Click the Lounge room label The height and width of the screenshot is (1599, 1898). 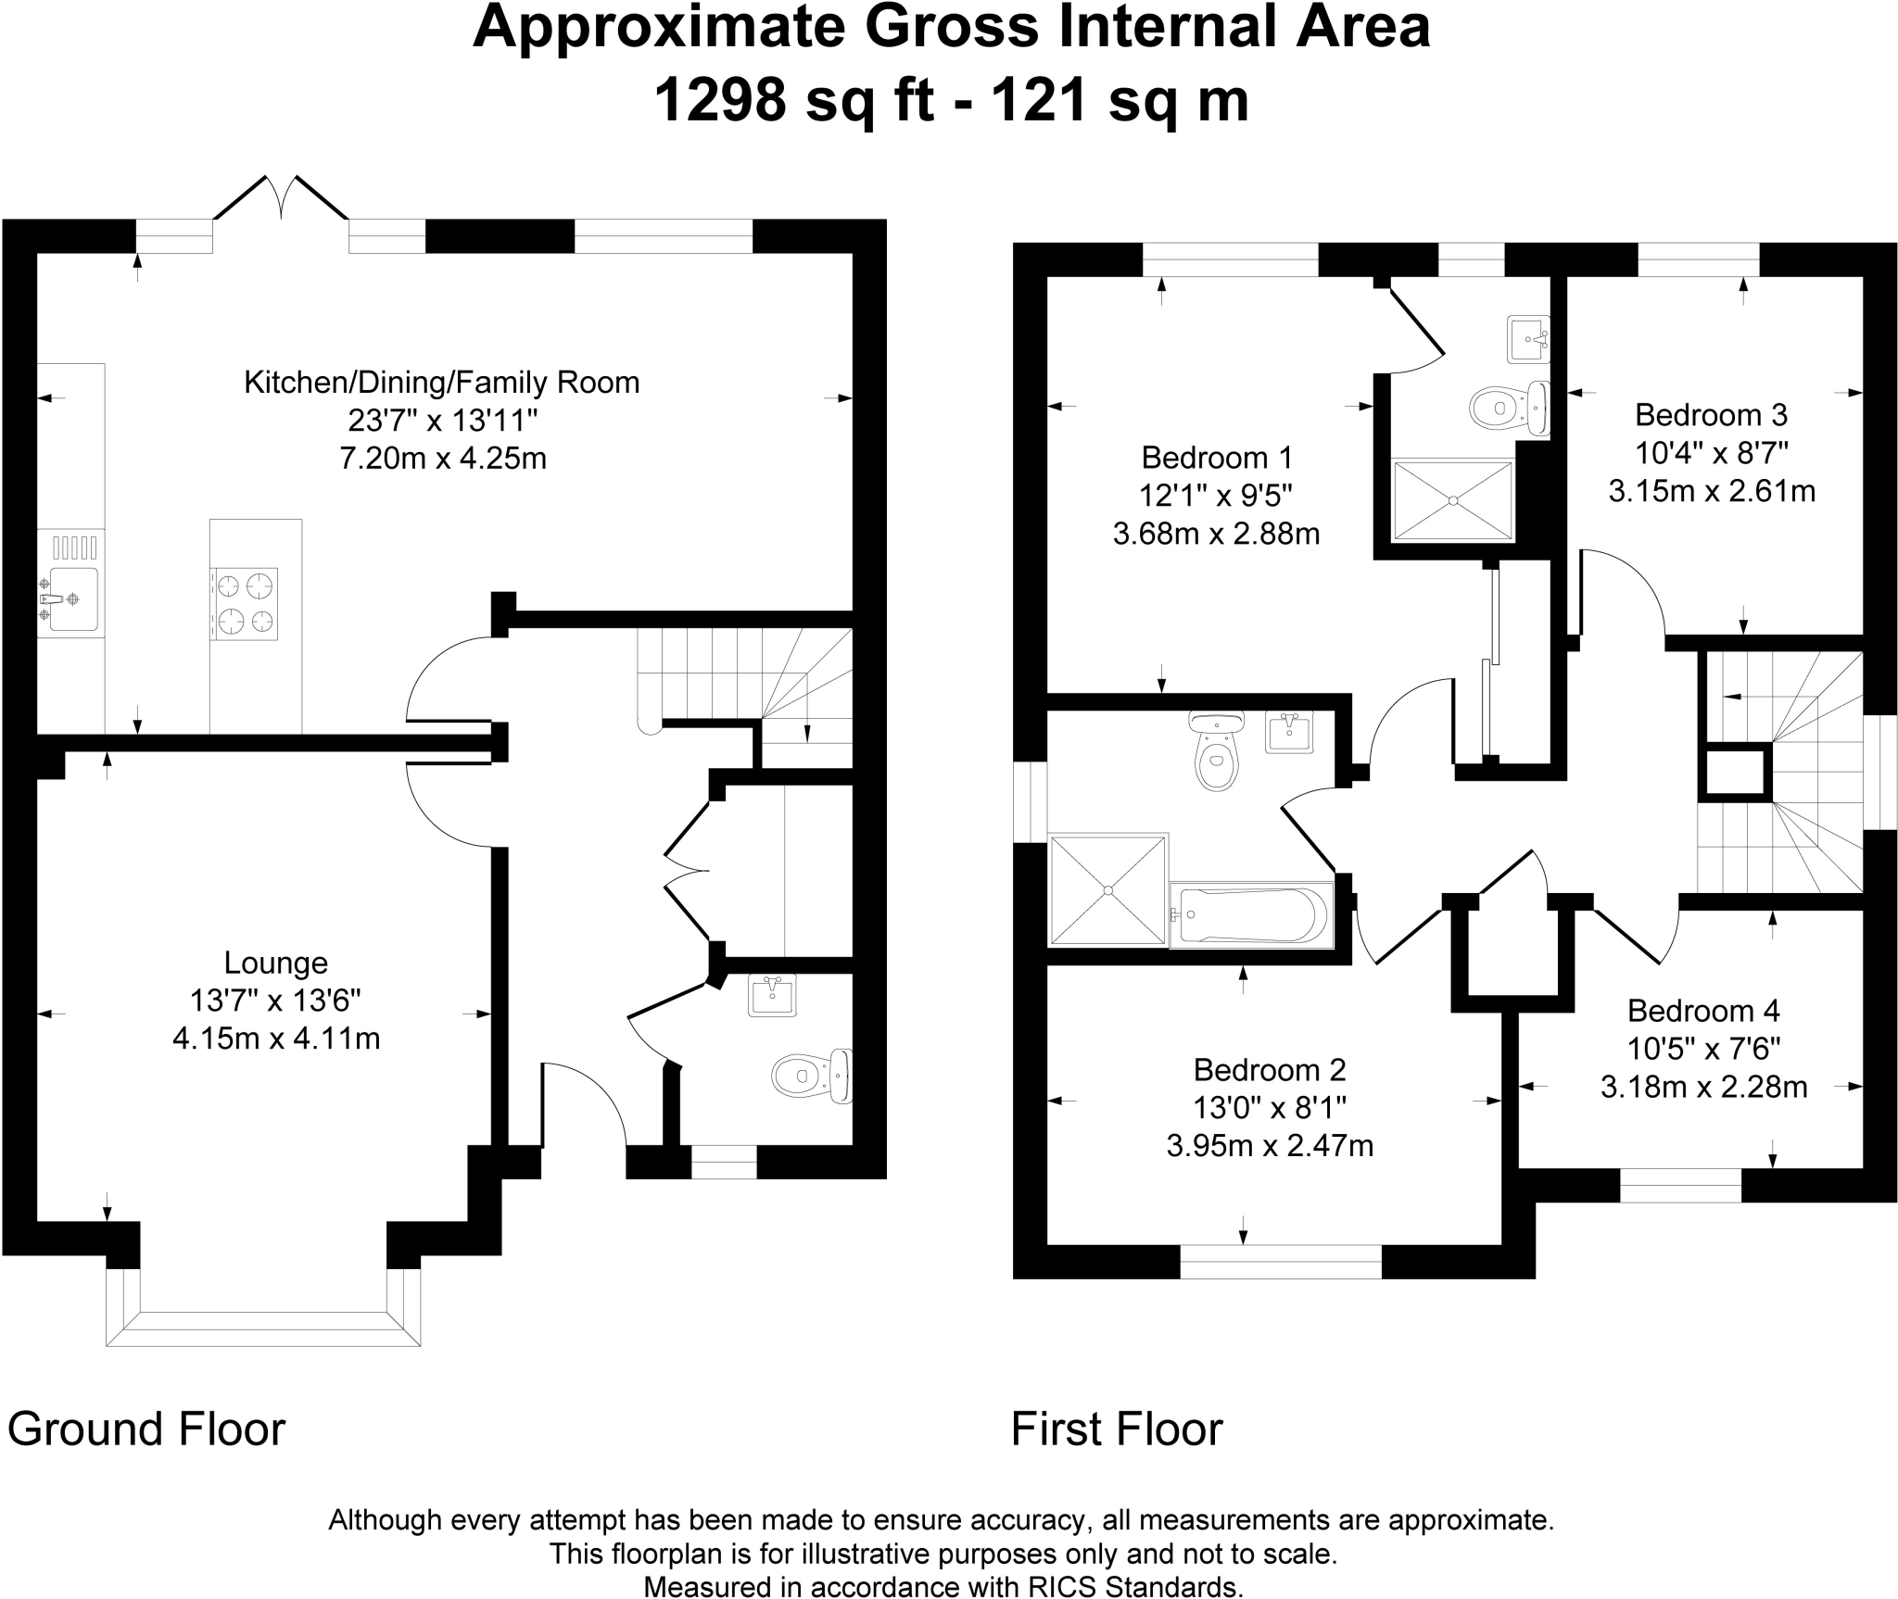(x=276, y=963)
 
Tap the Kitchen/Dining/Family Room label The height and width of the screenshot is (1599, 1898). (x=441, y=383)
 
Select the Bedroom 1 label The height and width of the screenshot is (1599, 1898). (x=1217, y=458)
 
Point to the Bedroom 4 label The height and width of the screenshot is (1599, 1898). (x=1703, y=1010)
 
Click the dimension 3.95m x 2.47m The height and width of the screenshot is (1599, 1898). (x=1270, y=1146)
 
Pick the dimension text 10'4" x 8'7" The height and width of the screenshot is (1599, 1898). (x=1712, y=453)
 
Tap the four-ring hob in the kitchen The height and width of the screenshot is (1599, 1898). (x=245, y=603)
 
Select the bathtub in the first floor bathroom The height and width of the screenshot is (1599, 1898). (x=1251, y=914)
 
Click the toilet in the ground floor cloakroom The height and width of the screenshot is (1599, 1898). (x=812, y=1076)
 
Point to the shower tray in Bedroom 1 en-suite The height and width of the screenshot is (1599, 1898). (x=1453, y=500)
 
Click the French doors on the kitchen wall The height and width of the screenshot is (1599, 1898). (x=281, y=197)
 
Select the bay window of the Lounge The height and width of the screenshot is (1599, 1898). (x=263, y=1313)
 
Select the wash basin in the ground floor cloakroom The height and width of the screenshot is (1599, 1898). (x=772, y=996)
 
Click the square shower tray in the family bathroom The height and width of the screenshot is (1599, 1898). (x=1107, y=891)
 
